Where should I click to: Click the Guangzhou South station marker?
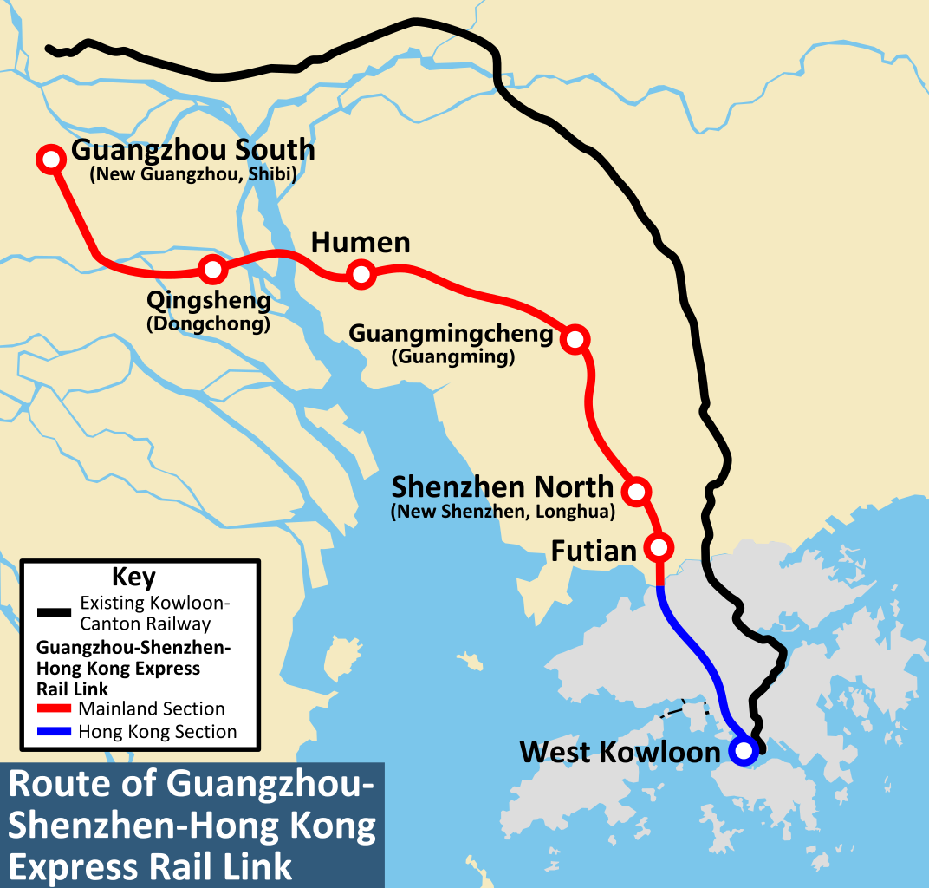(x=51, y=159)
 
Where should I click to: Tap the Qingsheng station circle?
(x=212, y=270)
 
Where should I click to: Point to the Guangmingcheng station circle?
(x=575, y=339)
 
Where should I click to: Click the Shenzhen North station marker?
(x=636, y=491)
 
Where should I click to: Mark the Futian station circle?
(x=659, y=547)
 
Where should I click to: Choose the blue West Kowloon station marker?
(x=742, y=751)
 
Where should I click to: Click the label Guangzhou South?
(x=192, y=150)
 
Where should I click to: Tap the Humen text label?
(x=361, y=243)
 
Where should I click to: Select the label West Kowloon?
(x=620, y=752)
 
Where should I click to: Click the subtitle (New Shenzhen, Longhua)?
(x=503, y=513)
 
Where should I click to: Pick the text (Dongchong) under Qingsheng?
(x=208, y=325)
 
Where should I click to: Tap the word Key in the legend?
(x=134, y=577)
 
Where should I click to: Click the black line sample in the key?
(x=54, y=612)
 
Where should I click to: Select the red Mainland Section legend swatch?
(x=54, y=708)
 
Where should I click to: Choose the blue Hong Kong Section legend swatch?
(x=54, y=732)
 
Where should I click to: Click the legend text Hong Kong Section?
(x=157, y=732)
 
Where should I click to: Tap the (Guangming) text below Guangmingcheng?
(x=453, y=356)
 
